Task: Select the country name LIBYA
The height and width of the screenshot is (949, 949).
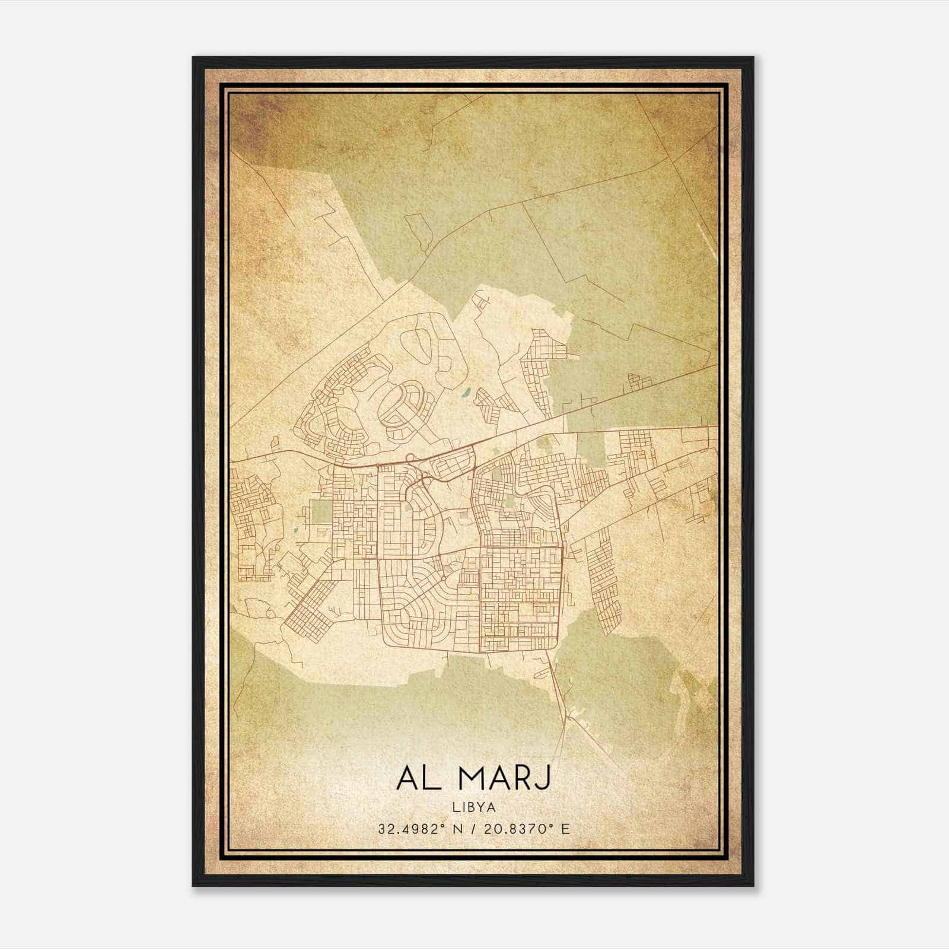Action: click(x=474, y=807)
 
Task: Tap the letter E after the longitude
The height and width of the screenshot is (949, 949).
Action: click(x=565, y=829)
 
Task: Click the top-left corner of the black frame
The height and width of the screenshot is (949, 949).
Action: click(x=194, y=58)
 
